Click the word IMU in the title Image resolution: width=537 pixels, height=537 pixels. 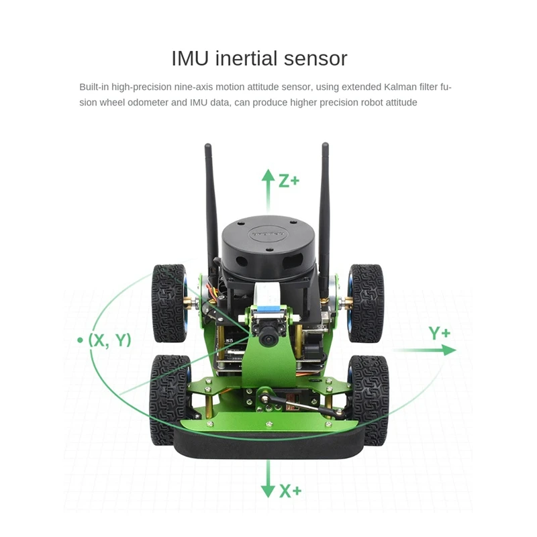click(x=191, y=58)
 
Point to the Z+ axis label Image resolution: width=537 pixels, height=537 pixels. click(x=289, y=181)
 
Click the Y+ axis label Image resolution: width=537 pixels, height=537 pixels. click(x=440, y=334)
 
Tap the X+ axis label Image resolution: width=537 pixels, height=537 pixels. click(x=290, y=491)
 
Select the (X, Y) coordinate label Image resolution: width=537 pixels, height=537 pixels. click(x=109, y=340)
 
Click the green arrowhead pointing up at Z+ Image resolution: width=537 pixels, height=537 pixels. click(x=268, y=177)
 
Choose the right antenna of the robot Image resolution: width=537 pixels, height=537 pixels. click(x=324, y=201)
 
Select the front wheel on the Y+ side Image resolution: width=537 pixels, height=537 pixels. click(x=369, y=398)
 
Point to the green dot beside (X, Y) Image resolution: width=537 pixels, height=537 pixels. click(x=80, y=340)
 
